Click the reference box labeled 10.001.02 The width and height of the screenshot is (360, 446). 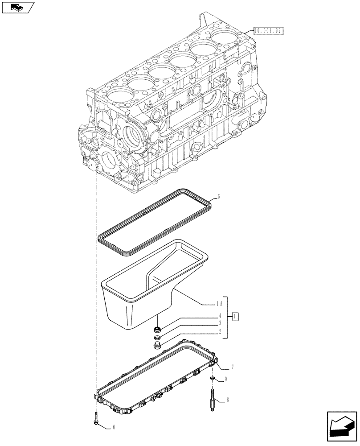[x=268, y=31]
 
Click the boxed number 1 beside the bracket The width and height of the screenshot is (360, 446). [x=235, y=317]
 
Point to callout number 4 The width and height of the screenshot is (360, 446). [x=220, y=315]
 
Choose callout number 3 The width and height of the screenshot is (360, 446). [x=220, y=323]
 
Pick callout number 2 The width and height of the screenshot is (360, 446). [x=220, y=331]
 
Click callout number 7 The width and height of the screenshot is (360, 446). [x=233, y=367]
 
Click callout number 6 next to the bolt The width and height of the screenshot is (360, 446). [x=114, y=427]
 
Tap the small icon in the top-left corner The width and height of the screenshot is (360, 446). [x=17, y=7]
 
